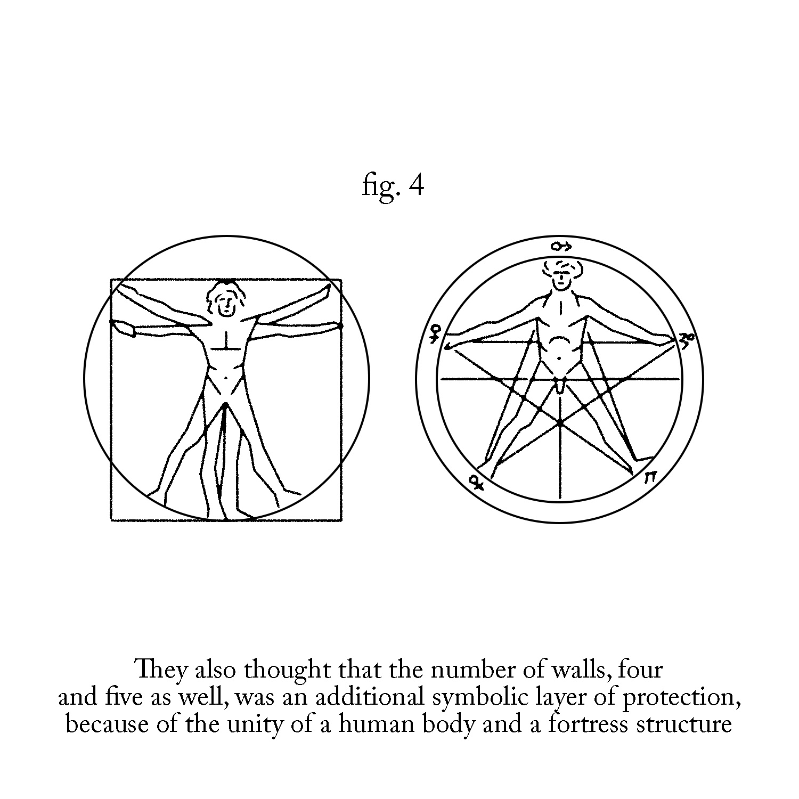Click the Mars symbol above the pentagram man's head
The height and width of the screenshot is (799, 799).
[x=561, y=246]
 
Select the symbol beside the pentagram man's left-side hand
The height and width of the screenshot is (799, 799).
[x=436, y=334]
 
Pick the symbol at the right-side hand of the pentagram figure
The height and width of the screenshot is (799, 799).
[x=688, y=339]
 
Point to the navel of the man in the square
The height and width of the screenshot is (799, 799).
[x=226, y=378]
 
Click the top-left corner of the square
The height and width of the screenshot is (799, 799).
[x=111, y=279]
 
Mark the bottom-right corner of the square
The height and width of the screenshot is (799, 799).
[x=341, y=520]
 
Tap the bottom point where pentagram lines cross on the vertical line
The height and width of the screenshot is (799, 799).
[x=559, y=422]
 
